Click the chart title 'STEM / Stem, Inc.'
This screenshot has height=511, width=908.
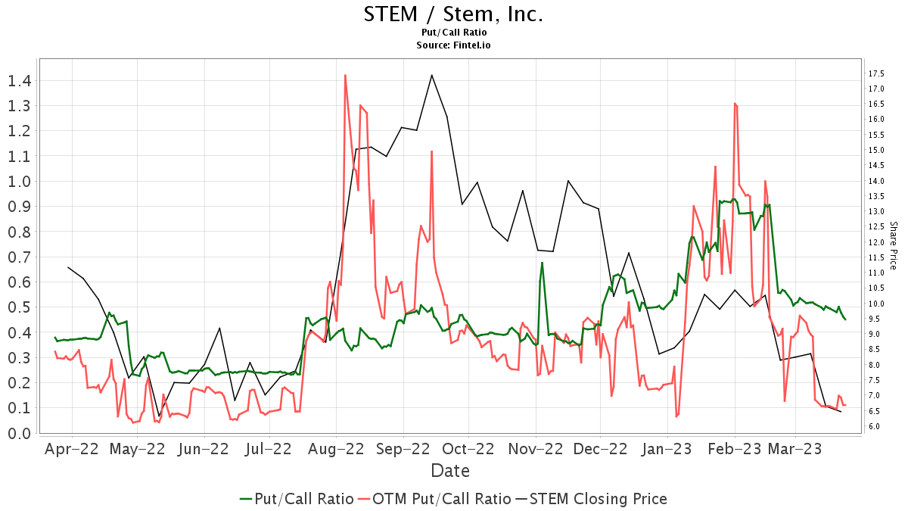pos(453,15)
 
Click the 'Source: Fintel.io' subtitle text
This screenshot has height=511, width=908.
pos(453,45)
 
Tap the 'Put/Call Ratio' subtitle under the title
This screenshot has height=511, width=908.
pos(453,33)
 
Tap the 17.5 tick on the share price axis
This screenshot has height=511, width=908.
pos(878,73)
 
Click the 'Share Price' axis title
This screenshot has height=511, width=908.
pos(893,245)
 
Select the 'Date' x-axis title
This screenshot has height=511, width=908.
pos(450,471)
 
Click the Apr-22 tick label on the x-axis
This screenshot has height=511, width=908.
pos(72,449)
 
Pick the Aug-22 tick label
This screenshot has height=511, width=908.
pos(337,449)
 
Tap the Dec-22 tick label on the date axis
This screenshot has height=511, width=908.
pos(599,449)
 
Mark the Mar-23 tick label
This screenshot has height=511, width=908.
pos(795,449)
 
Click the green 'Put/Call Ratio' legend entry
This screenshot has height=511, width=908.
pos(297,499)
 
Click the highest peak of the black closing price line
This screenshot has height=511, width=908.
pos(431,75)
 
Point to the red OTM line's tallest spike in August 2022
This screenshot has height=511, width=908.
pos(345,75)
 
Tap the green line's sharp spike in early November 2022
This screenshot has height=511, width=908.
pos(543,263)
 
